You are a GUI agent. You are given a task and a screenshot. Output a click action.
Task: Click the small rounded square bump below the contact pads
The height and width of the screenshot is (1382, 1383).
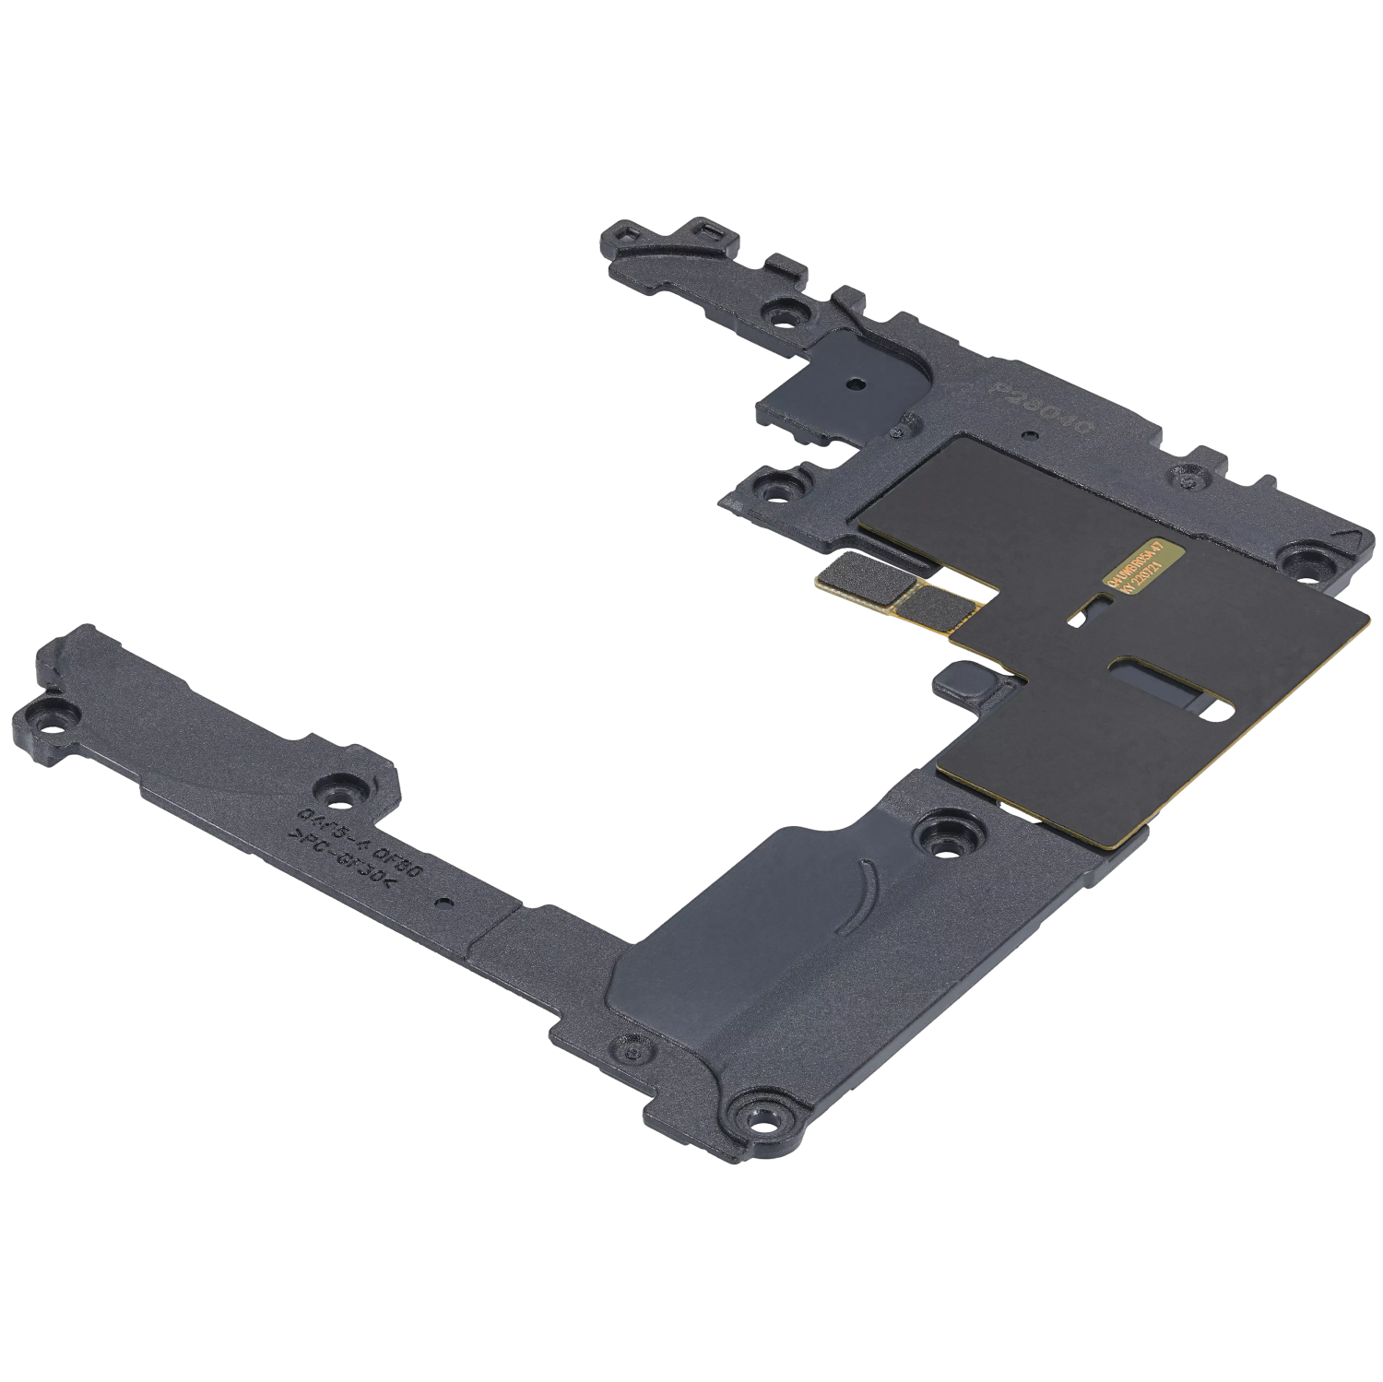[x=954, y=681]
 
